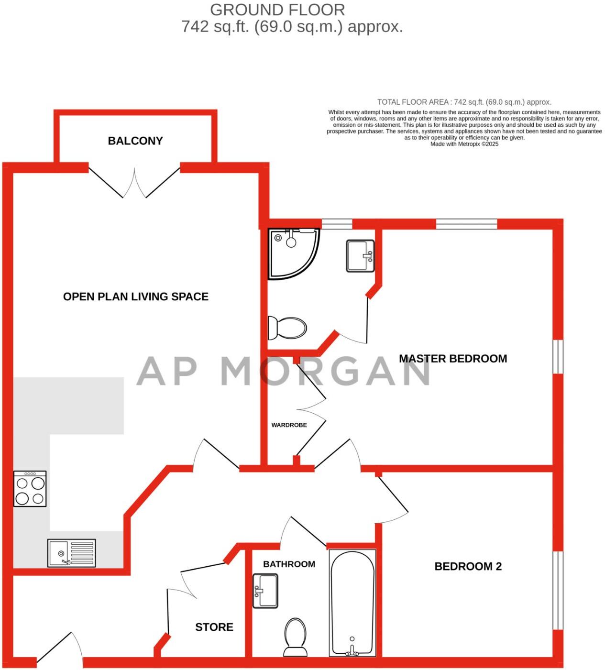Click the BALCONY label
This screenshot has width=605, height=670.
point(135,141)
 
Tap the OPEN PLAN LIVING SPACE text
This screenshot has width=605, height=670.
point(135,297)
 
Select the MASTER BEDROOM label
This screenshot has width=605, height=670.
point(452,358)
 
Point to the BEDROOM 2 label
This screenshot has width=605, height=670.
point(468,566)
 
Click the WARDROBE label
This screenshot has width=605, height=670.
point(289,425)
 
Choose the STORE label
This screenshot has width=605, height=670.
point(214,627)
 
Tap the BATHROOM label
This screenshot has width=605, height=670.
point(289,564)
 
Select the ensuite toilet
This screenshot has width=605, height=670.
point(287,328)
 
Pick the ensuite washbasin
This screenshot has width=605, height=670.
point(360,256)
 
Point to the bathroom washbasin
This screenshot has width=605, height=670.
point(265,591)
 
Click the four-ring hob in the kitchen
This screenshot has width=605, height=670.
point(30,488)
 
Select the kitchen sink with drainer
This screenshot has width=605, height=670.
point(71,553)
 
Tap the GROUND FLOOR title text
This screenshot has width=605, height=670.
point(277,10)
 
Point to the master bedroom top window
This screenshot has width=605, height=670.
point(466,223)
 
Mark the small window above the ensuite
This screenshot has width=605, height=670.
point(336,223)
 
